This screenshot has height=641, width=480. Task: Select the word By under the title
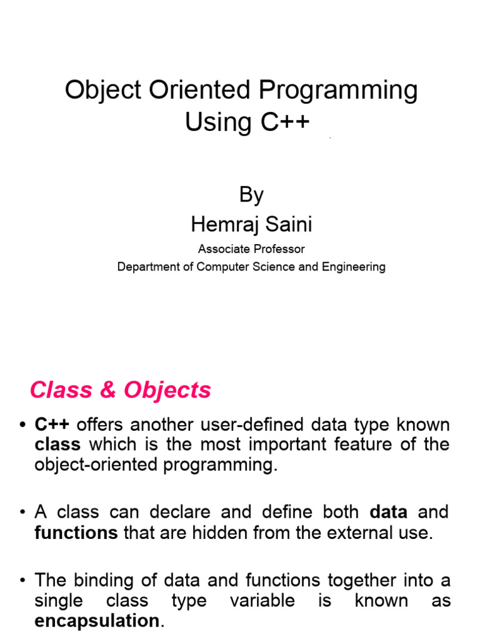point(251,195)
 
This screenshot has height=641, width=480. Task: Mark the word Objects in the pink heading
point(167,391)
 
